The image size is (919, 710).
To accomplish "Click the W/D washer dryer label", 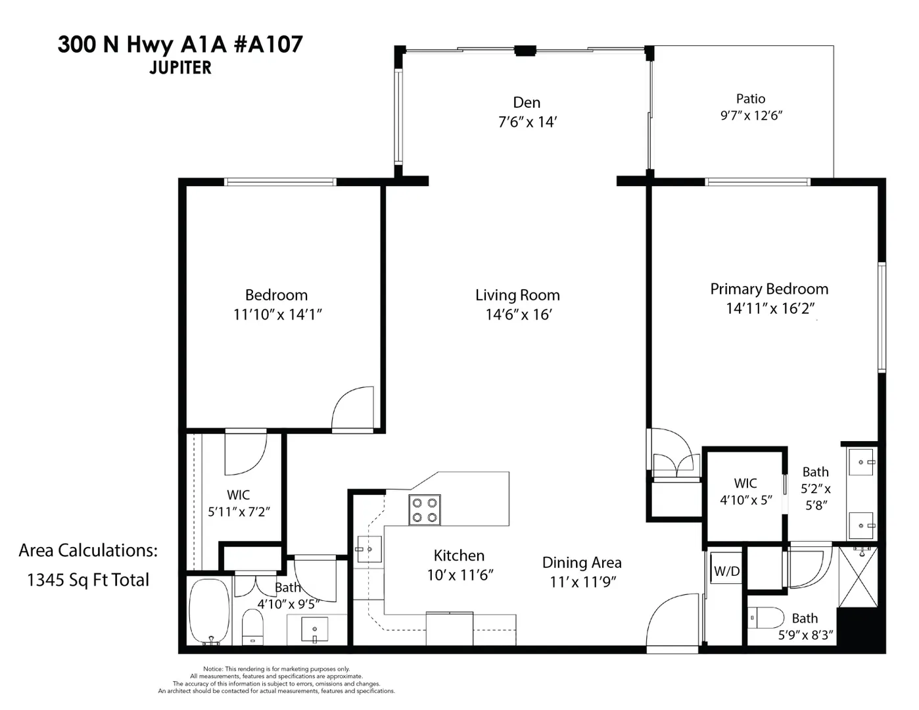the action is point(726,571).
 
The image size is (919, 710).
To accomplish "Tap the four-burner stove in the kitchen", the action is point(425,510).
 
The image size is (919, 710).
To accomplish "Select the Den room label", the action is point(527,103).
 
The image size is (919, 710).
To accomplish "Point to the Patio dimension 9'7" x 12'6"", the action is point(751,116).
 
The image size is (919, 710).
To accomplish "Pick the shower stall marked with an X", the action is point(859,577).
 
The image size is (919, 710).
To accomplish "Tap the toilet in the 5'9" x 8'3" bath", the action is point(766,618).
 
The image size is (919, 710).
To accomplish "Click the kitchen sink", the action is point(369,550).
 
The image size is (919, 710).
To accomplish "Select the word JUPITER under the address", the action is point(181,68).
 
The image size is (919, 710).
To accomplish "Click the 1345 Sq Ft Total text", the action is point(88,580).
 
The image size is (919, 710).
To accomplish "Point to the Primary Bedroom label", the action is point(769,289).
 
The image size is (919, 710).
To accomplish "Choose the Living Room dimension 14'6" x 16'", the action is point(519,315).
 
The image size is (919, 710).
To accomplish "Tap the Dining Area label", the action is point(582,563).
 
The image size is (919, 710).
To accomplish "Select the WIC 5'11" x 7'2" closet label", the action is point(239,504).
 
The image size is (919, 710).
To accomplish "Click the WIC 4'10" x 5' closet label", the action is point(746,492).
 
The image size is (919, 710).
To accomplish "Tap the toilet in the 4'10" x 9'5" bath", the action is point(252,627).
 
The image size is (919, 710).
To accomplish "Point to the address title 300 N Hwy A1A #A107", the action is point(181,45).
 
